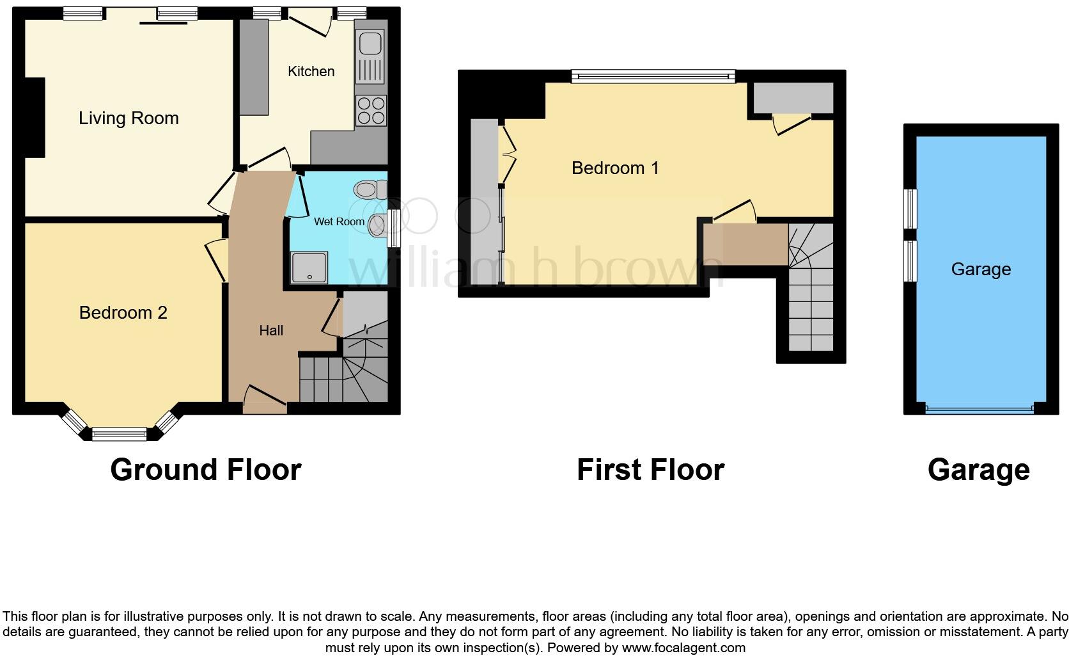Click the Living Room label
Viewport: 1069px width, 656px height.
pos(129,118)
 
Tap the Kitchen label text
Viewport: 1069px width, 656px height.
pos(311,71)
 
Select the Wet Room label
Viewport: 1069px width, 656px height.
pos(339,221)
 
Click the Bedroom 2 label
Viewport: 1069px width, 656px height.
pos(123,312)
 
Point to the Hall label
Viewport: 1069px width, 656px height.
pos(271,330)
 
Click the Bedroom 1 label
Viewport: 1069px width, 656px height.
pos(615,168)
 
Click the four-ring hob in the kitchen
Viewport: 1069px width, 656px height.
pos(371,110)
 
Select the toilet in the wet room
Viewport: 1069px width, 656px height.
pos(370,189)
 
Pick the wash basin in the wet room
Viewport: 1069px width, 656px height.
pos(378,225)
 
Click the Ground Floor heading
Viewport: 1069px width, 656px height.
pos(205,470)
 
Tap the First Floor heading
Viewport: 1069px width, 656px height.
pos(650,470)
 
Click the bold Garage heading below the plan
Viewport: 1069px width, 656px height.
pos(978,470)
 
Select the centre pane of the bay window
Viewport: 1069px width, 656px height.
pos(120,435)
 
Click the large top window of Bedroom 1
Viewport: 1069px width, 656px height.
pos(653,77)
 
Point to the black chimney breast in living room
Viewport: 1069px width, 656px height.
pos(35,117)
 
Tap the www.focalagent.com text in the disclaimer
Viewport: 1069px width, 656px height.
pos(683,648)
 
